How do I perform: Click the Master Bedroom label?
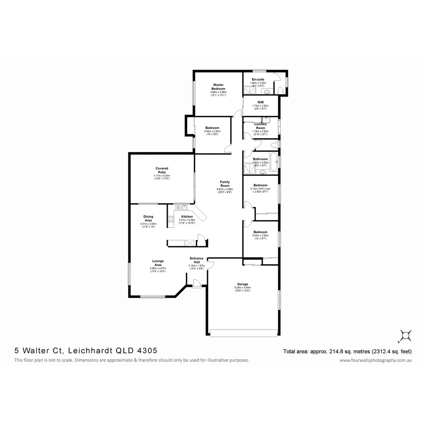click(219, 87)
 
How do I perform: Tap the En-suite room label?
click(258, 79)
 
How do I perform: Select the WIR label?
click(261, 102)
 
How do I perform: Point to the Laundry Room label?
click(261, 126)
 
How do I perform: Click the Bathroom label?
click(260, 159)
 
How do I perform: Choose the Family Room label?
click(225, 184)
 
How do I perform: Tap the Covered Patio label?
click(162, 170)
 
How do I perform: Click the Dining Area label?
click(148, 218)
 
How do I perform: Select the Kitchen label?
click(187, 217)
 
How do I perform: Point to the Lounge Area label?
click(158, 263)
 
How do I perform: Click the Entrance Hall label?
click(196, 260)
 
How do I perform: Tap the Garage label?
click(242, 284)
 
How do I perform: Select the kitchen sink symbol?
click(184, 208)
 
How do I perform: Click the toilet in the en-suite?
click(280, 90)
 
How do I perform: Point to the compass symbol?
click(405, 335)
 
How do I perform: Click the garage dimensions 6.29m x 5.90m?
click(242, 288)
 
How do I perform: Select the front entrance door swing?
click(196, 282)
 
